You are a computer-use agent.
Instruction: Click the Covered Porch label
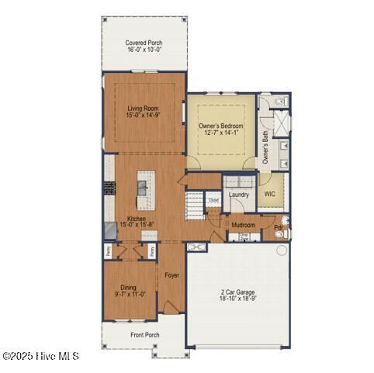[144, 43]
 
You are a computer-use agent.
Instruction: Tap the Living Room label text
[143, 109]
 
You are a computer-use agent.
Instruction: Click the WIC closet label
[270, 194]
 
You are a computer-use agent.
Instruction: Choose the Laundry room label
[238, 194]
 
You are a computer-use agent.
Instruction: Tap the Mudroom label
[244, 225]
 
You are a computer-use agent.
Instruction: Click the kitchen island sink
[142, 186]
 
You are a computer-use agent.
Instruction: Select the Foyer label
[171, 275]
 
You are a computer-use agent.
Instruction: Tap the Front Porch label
[144, 335]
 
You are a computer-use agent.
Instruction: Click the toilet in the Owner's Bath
[281, 102]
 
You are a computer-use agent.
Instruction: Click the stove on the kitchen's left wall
[108, 188]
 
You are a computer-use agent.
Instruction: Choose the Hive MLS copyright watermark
[40, 356]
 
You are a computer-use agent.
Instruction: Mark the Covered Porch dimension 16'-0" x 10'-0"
[144, 50]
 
